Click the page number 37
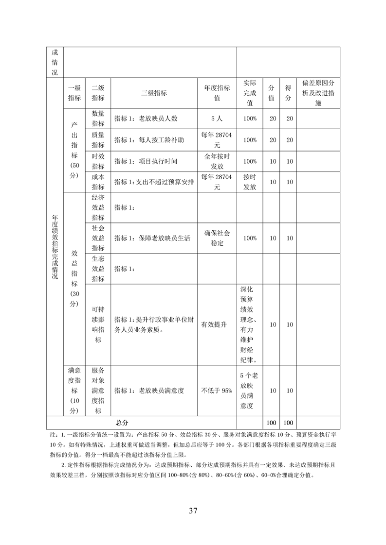[193, 510]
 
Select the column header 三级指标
[154, 93]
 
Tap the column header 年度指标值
[217, 93]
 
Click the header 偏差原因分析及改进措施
[318, 93]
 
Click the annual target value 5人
[217, 119]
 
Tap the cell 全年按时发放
[217, 161]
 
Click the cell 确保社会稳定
[217, 238]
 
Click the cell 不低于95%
[217, 390]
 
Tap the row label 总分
[122, 423]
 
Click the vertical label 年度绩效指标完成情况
[55, 248]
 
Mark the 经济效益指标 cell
[98, 207]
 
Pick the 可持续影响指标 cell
[98, 324]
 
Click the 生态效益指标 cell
[98, 269]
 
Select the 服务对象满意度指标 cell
[98, 390]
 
